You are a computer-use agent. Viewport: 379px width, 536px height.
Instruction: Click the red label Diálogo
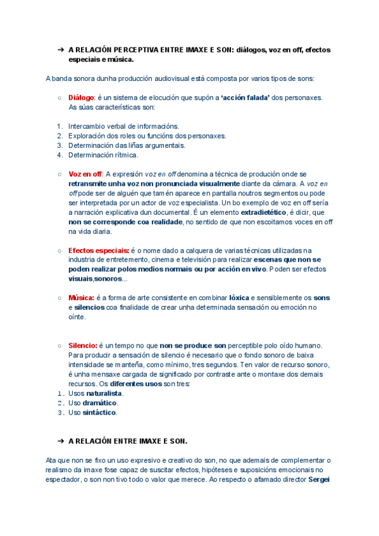pos(81,97)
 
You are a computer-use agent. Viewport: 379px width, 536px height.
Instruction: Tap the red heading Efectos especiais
pos(99,250)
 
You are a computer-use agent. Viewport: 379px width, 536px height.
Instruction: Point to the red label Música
pos(81,298)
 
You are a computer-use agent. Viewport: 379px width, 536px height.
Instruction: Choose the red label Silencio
pos(82,346)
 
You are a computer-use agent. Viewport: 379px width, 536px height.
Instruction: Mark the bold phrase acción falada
pos(245,97)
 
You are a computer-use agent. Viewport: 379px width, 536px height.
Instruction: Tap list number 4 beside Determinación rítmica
pos(59,154)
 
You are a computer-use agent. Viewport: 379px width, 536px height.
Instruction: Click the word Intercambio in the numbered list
pos(88,126)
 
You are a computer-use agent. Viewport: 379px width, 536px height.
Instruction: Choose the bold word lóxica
pos(239,298)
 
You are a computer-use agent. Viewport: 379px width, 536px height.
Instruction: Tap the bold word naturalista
pos(104,393)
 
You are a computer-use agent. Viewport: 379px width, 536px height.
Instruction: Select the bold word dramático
pos(100,403)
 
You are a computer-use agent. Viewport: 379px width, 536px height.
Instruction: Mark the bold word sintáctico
pos(100,412)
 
